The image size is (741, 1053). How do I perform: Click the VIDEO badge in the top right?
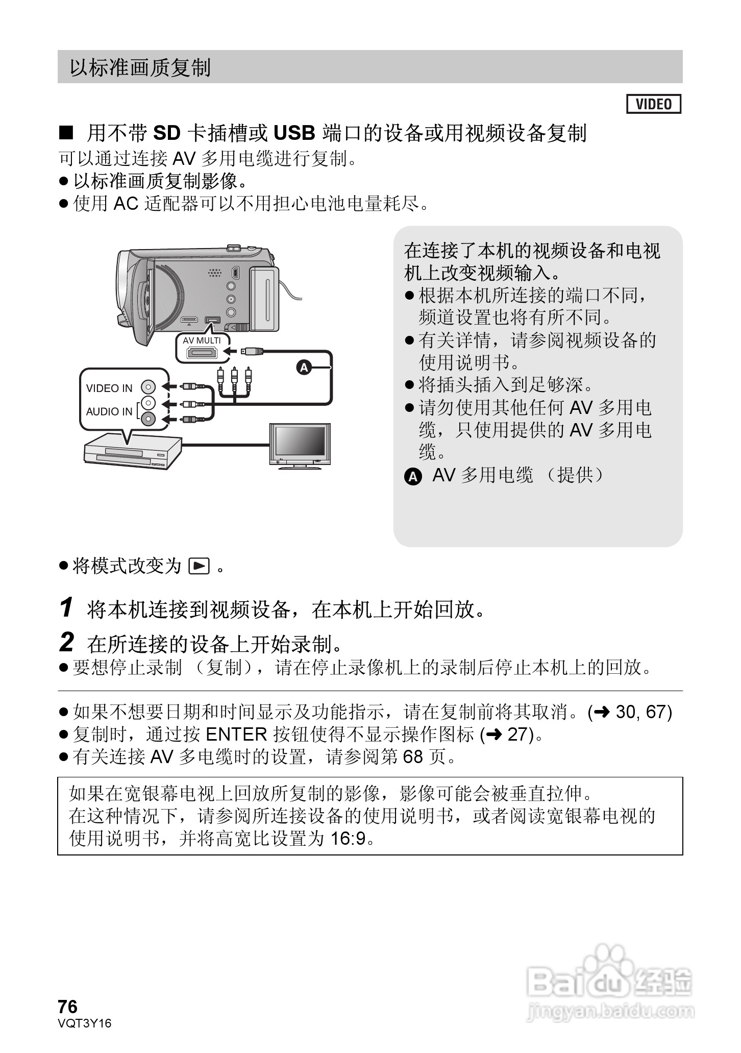click(653, 104)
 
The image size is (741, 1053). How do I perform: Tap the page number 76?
click(68, 1007)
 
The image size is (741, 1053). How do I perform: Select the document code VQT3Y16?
click(84, 1023)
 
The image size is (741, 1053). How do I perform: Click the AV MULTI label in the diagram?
click(202, 340)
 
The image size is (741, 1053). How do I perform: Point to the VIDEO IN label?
click(109, 388)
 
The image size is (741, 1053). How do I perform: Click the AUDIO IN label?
click(109, 411)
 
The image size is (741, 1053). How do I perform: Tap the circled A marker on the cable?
click(304, 367)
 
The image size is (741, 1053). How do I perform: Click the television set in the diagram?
click(300, 445)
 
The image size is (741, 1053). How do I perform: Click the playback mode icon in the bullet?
click(199, 566)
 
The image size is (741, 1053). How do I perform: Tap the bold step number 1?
click(66, 607)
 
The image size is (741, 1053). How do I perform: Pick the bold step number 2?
click(67, 642)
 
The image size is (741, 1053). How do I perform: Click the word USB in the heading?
click(294, 133)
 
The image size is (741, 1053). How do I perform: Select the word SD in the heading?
click(167, 133)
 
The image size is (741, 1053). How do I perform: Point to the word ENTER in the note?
click(236, 734)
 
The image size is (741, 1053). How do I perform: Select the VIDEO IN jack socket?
click(149, 387)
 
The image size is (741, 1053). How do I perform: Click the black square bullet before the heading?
click(66, 133)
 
